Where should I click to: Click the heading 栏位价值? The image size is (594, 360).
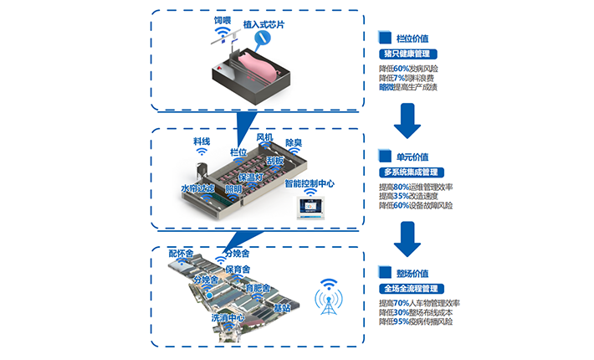pos(415,38)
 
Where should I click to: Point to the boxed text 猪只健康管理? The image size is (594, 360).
pos(407,54)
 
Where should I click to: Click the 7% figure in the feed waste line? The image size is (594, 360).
pos(398,77)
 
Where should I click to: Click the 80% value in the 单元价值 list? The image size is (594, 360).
pos(401,187)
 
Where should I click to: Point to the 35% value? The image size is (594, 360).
pos(401,196)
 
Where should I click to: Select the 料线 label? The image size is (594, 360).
pos(201,142)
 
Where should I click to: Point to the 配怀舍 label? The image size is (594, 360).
pos(181,253)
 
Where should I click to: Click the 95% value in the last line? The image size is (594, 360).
pos(401,321)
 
